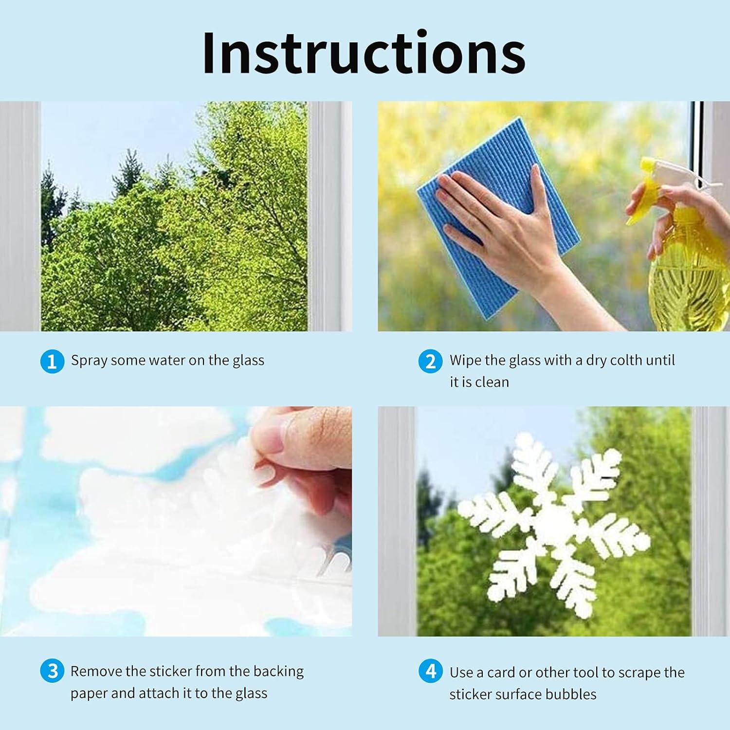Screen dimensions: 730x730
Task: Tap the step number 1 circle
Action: (x=52, y=361)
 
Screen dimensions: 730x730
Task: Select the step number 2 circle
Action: (x=431, y=361)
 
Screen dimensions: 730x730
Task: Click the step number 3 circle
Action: (x=52, y=672)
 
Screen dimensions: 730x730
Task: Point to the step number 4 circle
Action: (x=431, y=672)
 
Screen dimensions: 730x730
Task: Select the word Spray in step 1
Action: (x=89, y=361)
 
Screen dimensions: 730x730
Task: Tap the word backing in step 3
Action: (x=278, y=672)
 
